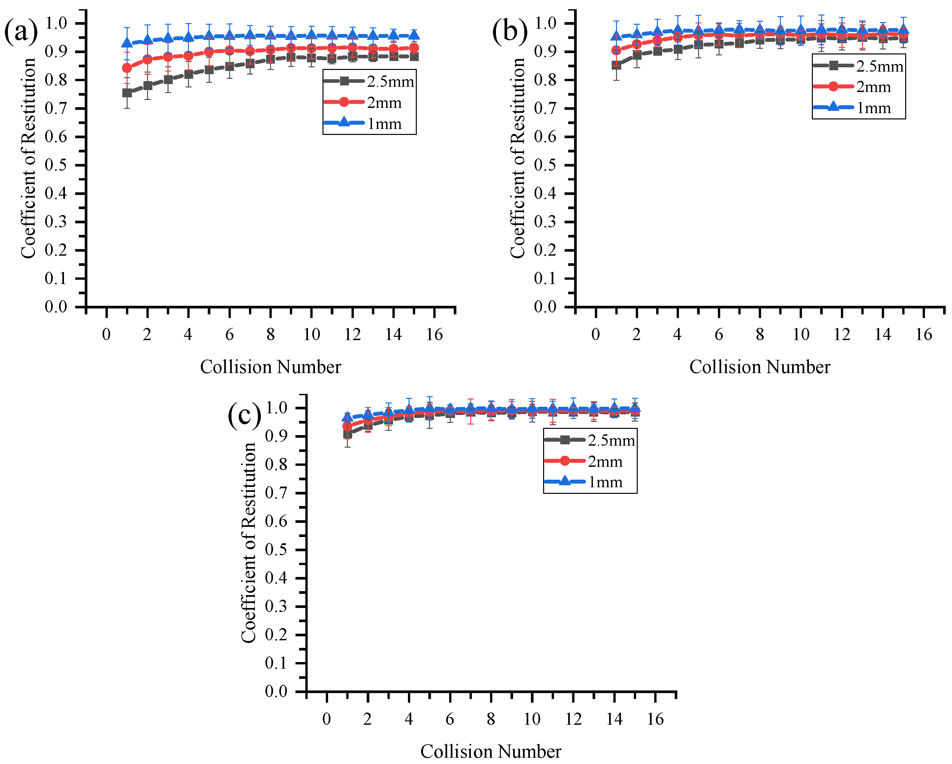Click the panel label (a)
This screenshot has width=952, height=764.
coord(20,32)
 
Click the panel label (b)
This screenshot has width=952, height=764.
coord(509,32)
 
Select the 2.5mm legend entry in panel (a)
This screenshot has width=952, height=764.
coord(369,81)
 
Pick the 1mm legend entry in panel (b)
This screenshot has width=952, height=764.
coord(858,108)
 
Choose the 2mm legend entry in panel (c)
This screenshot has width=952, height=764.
coord(590,462)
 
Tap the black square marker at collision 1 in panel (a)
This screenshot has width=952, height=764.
coord(127,93)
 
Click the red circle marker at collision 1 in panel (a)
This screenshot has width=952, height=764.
coord(127,68)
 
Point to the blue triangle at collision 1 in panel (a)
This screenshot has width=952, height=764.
coord(127,43)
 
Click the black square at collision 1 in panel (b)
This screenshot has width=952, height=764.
coord(616,65)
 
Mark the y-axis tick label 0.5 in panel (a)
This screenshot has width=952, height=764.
coord(56,165)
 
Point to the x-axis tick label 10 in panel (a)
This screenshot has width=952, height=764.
coord(311,334)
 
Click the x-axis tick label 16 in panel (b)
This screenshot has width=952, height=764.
coord(923,334)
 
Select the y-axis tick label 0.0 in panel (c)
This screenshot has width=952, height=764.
coord(276,691)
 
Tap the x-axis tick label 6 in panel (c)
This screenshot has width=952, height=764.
coord(449,719)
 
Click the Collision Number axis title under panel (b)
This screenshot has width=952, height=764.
coord(759,367)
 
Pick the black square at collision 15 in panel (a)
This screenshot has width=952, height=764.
coord(414,56)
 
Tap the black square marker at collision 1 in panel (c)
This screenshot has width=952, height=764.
coord(348,434)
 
